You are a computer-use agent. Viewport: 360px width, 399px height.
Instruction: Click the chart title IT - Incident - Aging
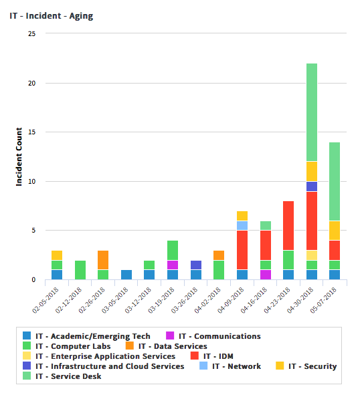coord(52,16)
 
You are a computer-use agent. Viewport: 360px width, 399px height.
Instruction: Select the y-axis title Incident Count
coord(19,157)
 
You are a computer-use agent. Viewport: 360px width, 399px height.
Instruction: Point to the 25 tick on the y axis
coord(32,33)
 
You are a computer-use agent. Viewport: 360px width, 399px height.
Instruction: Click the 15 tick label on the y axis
coord(32,132)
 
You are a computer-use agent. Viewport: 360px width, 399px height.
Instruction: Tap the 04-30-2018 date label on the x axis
coord(300,301)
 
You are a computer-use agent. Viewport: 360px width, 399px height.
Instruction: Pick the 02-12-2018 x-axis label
coord(68,301)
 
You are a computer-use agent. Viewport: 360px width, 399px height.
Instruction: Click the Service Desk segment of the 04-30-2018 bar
coord(312,112)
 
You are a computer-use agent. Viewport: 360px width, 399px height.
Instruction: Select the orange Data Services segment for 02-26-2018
coord(103,260)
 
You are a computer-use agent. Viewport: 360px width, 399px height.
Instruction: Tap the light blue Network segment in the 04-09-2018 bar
coord(242,225)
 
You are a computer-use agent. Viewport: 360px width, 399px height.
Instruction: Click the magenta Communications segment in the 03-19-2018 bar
coord(173,265)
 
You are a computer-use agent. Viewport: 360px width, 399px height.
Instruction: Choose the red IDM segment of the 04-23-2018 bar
coord(288,225)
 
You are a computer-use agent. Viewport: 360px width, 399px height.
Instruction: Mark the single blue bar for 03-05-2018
coord(126,275)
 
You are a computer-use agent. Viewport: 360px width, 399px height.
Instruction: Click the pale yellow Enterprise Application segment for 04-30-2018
coord(312,255)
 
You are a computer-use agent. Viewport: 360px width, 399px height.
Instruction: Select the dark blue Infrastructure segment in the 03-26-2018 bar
coord(196,265)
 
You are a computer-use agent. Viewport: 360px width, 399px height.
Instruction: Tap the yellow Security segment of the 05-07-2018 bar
coord(335,231)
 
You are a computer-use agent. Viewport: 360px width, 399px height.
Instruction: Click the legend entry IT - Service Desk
coord(62,376)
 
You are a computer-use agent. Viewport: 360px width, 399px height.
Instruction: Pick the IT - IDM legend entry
coord(212,356)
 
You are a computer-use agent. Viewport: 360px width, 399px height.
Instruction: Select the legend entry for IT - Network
coord(230,366)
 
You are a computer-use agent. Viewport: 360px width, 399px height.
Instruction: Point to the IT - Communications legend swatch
coord(170,336)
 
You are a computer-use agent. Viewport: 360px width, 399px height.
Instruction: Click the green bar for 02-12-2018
coord(80,270)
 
